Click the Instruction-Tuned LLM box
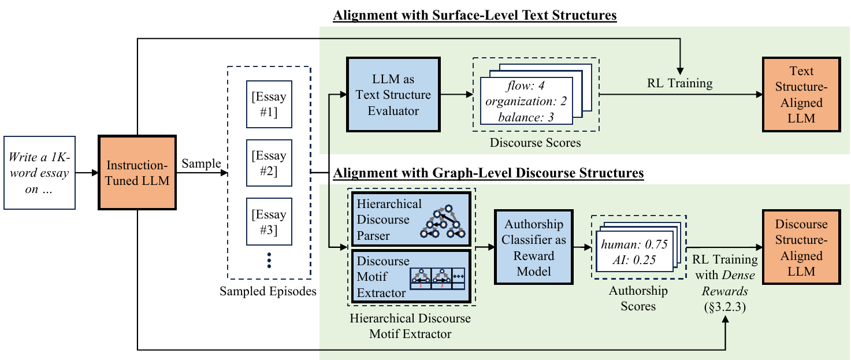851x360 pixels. (x=137, y=173)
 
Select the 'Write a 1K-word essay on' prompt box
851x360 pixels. (x=39, y=173)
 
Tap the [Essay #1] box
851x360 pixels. (x=269, y=104)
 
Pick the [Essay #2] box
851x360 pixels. (x=269, y=163)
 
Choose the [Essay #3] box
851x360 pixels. (x=269, y=222)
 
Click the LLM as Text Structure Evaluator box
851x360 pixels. (x=393, y=95)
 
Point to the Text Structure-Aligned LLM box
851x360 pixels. (x=801, y=95)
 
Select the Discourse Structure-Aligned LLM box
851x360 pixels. (x=801, y=247)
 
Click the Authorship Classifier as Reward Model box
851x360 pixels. (x=534, y=247)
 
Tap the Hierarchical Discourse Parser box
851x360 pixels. (x=411, y=220)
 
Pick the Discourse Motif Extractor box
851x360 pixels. (x=411, y=276)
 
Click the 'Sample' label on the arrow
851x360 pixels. (x=202, y=164)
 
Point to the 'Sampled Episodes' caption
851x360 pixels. (x=268, y=291)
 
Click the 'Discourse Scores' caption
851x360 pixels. (x=536, y=143)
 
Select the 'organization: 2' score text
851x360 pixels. (x=526, y=102)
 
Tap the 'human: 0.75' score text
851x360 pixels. (x=634, y=244)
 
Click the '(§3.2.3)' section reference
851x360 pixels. (x=725, y=307)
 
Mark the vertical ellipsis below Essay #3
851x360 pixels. (x=269, y=261)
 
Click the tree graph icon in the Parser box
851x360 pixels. (x=443, y=222)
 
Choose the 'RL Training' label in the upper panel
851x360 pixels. (x=679, y=83)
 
